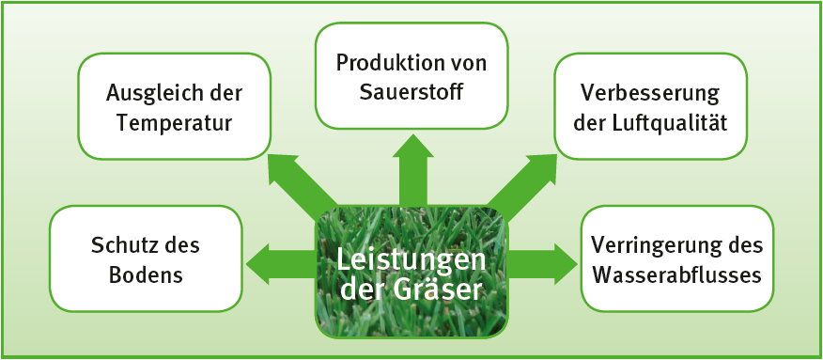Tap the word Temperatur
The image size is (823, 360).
(174, 124)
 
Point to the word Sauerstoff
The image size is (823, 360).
(411, 93)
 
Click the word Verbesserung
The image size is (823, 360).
(650, 94)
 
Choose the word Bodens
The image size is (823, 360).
(146, 275)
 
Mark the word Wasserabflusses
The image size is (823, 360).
(676, 274)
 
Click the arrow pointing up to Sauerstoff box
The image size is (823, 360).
(412, 170)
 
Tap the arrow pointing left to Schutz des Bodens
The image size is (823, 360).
(281, 260)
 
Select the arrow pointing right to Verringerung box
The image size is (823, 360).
(543, 260)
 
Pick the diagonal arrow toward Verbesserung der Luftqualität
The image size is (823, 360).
(522, 181)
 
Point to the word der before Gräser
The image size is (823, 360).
(362, 290)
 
